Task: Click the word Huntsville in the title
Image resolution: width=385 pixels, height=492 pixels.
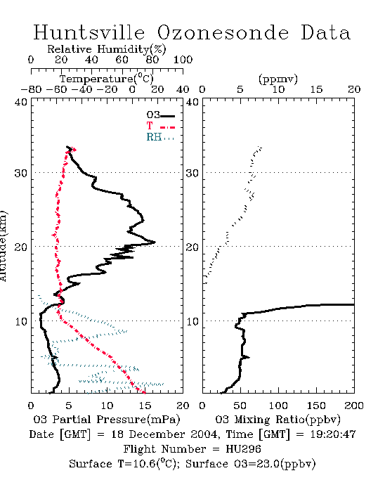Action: (89, 32)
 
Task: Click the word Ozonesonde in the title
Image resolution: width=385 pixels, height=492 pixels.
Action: (222, 32)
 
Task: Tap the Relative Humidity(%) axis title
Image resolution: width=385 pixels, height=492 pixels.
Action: (107, 49)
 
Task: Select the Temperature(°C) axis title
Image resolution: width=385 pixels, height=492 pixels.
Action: (107, 79)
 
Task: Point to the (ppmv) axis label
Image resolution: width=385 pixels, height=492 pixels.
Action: (278, 79)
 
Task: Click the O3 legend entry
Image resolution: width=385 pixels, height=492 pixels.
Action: (160, 115)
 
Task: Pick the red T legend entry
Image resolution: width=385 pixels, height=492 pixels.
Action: (160, 126)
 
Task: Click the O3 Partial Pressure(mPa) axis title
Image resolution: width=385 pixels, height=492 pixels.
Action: (107, 420)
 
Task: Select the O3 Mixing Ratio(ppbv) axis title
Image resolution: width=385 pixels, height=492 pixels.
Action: (278, 420)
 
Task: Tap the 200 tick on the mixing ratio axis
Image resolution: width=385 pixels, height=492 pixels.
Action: (354, 406)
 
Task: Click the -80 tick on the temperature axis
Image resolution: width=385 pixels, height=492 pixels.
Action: (31, 90)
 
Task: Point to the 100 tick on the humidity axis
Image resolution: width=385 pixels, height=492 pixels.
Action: (183, 60)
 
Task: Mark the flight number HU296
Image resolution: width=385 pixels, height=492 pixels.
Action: (243, 449)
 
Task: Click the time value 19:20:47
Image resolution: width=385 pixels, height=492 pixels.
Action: (333, 434)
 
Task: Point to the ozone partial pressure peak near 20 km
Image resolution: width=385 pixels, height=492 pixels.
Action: (155, 242)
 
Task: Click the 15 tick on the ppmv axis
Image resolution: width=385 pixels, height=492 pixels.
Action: (316, 90)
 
